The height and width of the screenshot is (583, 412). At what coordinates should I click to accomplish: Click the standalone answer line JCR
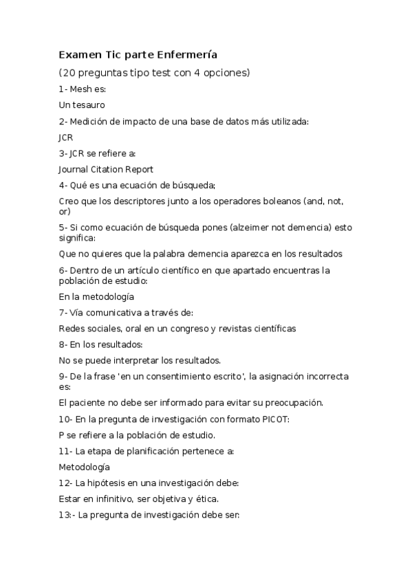[x=66, y=137]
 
